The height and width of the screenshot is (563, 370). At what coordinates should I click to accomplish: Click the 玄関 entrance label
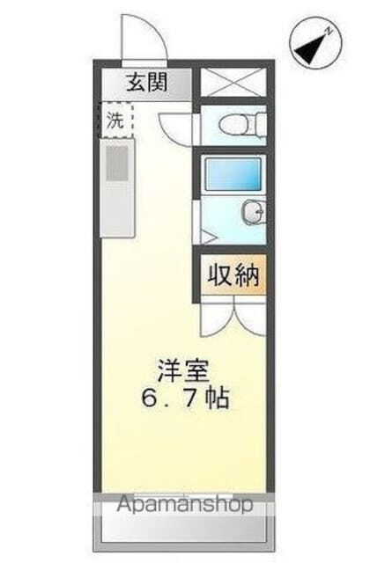point(145,84)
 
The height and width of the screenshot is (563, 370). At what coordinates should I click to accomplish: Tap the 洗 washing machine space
point(115,121)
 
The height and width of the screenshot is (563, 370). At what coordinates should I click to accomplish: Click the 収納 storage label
point(232,275)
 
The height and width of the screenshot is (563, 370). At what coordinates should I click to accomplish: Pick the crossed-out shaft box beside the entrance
point(232,84)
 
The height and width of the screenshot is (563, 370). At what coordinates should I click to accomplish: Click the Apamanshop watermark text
point(185,504)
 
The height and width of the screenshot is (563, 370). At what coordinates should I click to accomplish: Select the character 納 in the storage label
point(246,275)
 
